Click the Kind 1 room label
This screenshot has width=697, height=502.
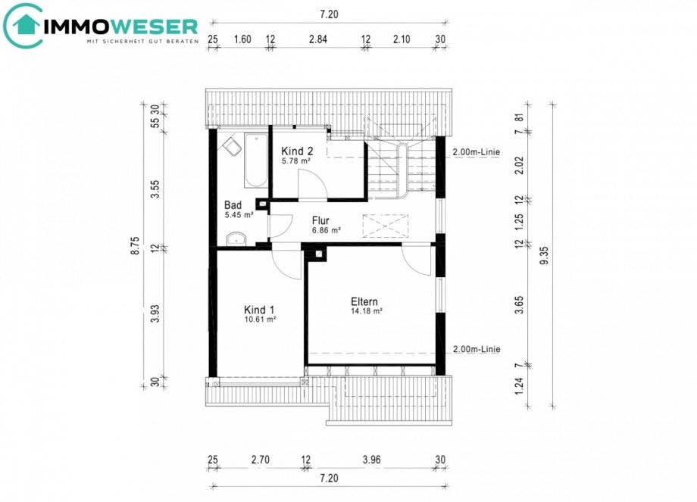coord(259,310)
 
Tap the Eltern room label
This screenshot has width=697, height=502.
coord(364,302)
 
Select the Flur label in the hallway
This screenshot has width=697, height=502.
coord(320,221)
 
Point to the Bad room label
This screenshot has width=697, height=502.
coord(233,205)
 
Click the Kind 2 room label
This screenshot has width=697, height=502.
coord(297,151)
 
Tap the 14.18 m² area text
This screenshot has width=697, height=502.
coord(367,311)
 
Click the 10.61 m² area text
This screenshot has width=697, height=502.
coord(260,319)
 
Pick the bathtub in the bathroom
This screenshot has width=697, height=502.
coord(255,161)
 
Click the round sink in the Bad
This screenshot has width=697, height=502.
coord(236,239)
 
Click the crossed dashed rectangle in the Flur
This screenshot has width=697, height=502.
coord(385,226)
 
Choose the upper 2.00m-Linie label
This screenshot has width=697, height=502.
coord(476,152)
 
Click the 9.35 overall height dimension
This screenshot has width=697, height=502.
coord(544,256)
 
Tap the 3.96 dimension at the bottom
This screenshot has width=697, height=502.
coord(371,460)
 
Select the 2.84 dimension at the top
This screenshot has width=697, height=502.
coord(318,39)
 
